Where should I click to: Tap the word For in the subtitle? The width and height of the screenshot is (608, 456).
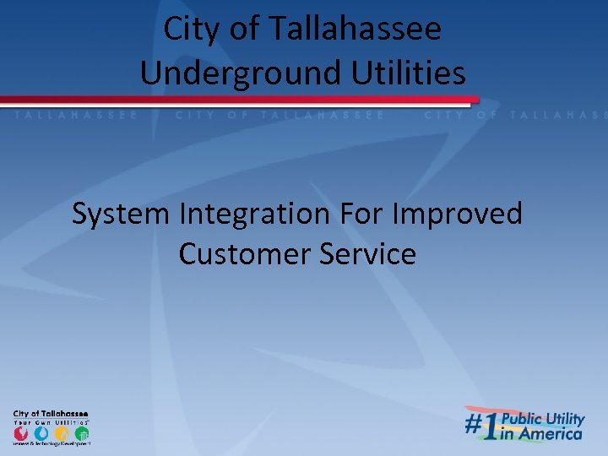tap(365, 214)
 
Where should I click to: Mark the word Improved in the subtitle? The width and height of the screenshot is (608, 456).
tap(459, 214)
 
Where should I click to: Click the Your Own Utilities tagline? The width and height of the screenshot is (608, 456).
tap(51, 421)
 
